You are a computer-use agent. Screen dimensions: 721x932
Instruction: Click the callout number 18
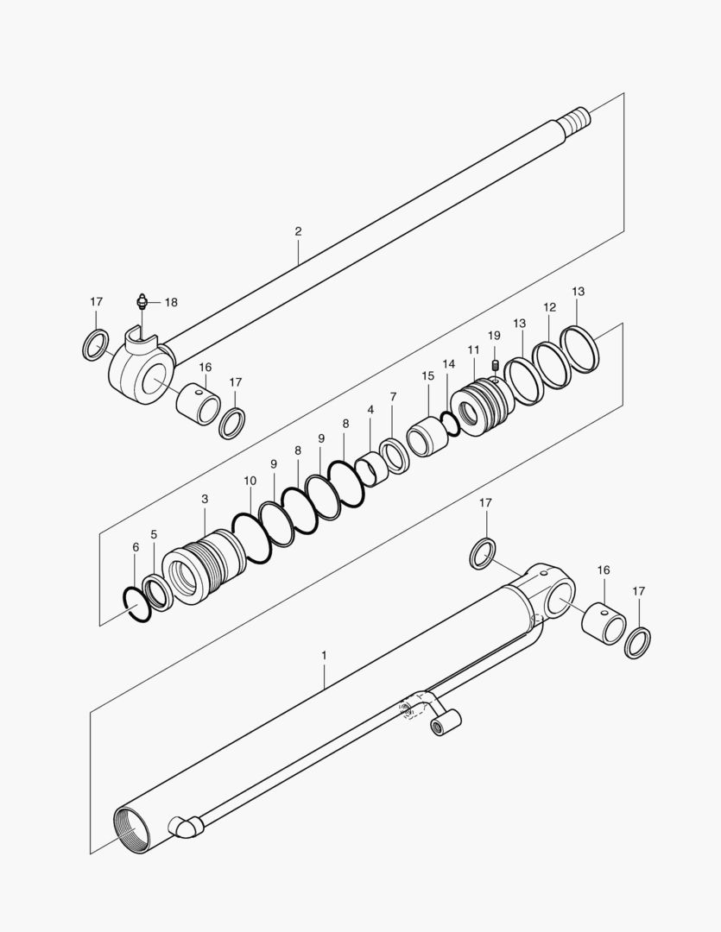coord(171,303)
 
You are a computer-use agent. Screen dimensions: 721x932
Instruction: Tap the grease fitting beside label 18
coord(142,301)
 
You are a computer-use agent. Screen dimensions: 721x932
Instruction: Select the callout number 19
coord(495,336)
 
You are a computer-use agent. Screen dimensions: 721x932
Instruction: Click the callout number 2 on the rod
coord(298,231)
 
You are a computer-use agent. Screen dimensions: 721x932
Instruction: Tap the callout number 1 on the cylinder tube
coord(324,655)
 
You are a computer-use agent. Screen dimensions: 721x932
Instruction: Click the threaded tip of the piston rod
coord(576,119)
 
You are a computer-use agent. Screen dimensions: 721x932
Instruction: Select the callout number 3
coord(205,499)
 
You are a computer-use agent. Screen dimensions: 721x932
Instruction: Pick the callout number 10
coord(250,481)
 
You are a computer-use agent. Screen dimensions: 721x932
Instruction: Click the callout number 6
coord(136,547)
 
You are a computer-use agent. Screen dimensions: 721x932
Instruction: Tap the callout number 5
coord(154,534)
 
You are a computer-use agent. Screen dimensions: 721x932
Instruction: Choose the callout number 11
coord(473,350)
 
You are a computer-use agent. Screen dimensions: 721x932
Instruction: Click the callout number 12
coord(550,307)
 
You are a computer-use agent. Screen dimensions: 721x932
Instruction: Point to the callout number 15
coord(428,376)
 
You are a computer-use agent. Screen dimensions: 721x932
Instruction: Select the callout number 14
coord(448,364)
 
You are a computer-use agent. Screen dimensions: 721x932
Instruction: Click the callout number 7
coord(393,396)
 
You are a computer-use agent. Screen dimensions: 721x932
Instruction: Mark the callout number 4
coord(370,410)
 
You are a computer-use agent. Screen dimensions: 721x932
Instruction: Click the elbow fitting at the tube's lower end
coord(187,826)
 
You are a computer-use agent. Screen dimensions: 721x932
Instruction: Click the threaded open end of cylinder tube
coord(133,830)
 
